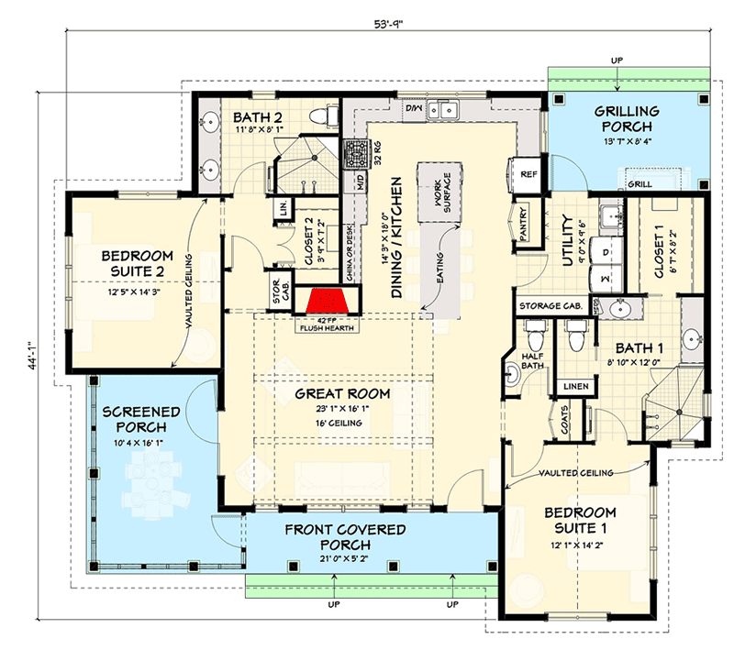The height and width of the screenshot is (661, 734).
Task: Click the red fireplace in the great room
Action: point(327,301)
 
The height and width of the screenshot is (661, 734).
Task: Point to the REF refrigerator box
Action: point(528,173)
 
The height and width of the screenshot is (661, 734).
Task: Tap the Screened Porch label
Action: point(135,419)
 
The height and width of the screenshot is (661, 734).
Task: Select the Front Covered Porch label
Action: point(344,537)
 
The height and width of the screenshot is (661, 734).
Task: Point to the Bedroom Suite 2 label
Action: point(133,263)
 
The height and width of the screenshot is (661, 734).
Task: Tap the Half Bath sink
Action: point(511,373)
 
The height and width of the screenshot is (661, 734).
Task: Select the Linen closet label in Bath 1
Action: point(576,386)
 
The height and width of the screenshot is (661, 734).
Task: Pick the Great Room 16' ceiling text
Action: point(342,424)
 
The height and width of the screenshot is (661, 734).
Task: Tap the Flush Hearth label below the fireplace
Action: point(328,324)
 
